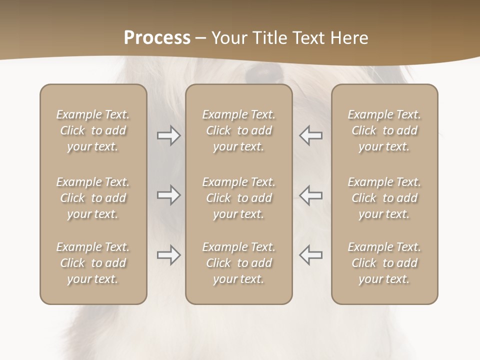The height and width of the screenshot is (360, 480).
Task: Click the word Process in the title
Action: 157,38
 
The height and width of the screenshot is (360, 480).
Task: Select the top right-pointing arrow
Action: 168,135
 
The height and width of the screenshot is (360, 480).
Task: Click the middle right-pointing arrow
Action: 168,195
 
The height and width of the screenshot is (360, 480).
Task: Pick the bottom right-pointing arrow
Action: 168,255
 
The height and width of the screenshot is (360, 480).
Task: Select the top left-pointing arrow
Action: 310,135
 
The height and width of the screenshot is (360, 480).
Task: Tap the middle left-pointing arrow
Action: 310,195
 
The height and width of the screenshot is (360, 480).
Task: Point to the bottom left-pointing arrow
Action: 310,255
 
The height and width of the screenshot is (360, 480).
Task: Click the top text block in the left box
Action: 93,130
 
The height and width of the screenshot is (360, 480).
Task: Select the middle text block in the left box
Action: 93,198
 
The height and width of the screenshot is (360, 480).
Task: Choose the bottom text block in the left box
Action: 93,263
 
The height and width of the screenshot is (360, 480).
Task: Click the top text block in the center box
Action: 239,130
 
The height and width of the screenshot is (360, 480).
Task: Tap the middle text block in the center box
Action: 239,198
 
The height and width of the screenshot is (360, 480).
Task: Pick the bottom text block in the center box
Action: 239,263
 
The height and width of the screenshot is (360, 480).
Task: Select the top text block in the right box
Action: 384,130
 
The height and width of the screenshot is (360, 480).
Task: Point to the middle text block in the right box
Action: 384,198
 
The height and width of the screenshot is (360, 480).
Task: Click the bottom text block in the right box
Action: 384,263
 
